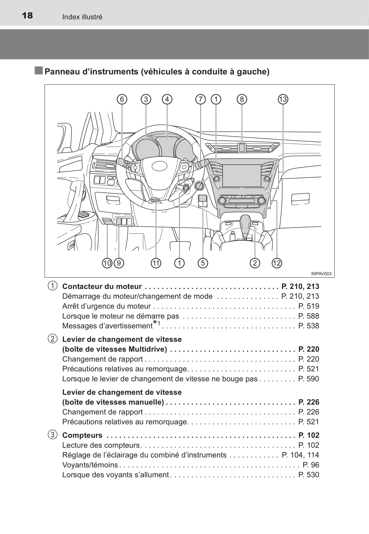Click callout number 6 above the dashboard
122,99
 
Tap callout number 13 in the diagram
283,99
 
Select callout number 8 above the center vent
242,99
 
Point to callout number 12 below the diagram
277,263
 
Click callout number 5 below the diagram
203,263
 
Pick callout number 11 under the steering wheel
156,263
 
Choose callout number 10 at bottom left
107,263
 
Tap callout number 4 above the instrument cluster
167,99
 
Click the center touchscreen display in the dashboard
241,175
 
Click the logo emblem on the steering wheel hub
160,166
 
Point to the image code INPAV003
321,274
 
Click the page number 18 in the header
27,15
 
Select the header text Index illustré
82,17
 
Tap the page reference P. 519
309,306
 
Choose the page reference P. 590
309,379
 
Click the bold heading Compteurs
82,435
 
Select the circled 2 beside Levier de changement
52,339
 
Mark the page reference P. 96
311,465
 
